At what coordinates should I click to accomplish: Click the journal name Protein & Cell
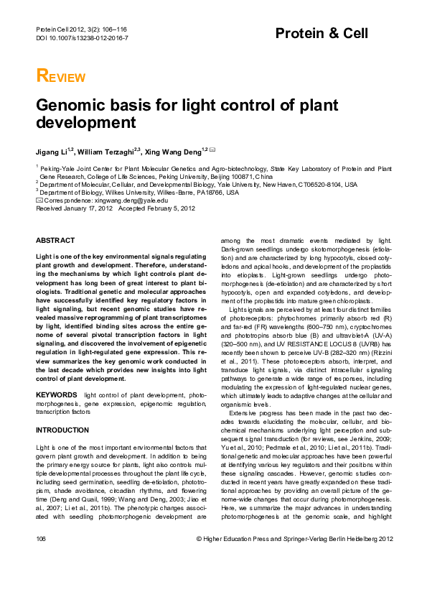click(322, 34)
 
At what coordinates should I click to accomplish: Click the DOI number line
click(81, 37)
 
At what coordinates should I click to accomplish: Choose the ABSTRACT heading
click(55, 240)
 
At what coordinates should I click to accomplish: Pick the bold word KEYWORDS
click(57, 394)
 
